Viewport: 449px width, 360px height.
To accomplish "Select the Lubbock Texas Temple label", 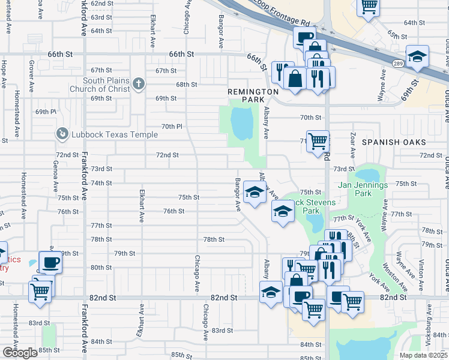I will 115,134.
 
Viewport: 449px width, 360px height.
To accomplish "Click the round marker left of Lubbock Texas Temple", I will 61,133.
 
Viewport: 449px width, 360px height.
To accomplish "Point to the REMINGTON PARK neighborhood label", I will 253,91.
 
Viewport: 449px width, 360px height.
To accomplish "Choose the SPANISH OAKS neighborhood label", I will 394,142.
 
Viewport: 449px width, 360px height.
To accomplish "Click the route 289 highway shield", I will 399,63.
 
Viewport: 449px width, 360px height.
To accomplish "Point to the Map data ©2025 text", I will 423,355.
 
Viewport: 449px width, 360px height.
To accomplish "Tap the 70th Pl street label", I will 172,127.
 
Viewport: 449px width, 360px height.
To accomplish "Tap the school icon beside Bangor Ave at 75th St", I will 255,193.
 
